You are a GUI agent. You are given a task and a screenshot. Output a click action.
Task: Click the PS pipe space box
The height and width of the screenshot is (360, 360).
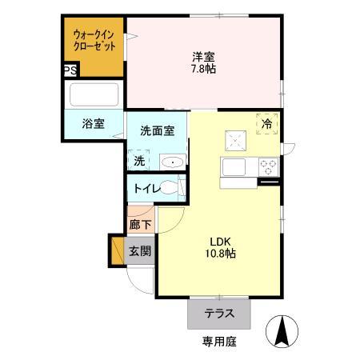point(70,70)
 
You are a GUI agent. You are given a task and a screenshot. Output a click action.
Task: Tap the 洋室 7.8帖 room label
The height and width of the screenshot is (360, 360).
point(203,62)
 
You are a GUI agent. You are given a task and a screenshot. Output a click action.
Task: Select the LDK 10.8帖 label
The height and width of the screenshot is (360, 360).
point(220,247)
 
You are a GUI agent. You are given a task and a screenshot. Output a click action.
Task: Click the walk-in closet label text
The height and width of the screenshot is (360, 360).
point(94,40)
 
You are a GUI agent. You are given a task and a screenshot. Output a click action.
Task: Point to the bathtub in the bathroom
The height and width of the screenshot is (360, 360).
point(94,94)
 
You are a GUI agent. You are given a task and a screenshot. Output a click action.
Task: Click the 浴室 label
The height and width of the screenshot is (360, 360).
point(93,124)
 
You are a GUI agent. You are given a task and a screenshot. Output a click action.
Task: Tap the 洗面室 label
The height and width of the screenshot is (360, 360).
point(158,130)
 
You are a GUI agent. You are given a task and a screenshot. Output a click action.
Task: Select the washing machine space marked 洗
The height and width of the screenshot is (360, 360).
point(139,160)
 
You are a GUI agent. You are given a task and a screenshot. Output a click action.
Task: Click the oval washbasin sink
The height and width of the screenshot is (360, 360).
point(173,162)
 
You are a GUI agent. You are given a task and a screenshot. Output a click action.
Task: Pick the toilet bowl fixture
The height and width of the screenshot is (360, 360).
point(170,188)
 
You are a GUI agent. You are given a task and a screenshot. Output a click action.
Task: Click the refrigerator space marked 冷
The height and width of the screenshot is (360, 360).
point(267,124)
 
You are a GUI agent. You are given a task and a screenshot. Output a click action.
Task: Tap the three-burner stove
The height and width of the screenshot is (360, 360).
point(269,167)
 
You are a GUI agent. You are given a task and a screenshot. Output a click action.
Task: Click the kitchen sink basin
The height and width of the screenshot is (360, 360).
point(234,167)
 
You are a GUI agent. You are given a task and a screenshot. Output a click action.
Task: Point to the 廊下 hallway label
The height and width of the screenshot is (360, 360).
point(141,225)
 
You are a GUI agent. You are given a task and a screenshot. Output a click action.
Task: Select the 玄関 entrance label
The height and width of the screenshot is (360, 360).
point(140,251)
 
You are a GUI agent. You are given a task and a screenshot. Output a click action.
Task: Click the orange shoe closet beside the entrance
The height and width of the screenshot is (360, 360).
point(118,250)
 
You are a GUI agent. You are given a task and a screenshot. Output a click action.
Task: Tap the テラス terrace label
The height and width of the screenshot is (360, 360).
point(219,314)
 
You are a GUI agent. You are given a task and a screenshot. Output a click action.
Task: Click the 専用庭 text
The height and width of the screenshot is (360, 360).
point(219,342)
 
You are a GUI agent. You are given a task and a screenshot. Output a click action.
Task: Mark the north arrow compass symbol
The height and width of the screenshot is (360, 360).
point(282,331)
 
